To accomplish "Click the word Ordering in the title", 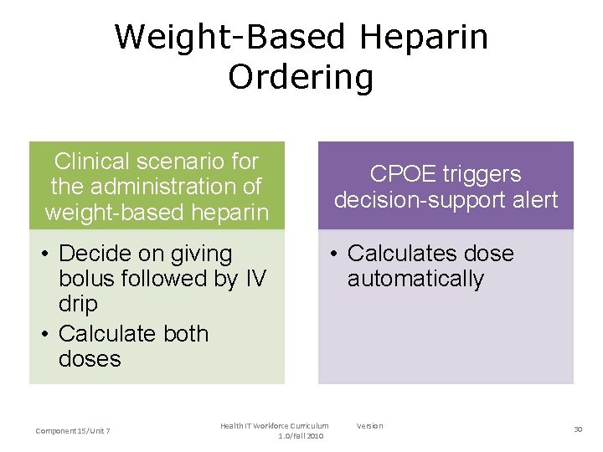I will pos(301,78).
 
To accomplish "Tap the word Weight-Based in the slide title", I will pos(229,38).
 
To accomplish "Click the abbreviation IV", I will pos(254,279).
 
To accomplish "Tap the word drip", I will pos(78,304).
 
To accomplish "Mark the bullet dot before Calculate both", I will pos(45,333).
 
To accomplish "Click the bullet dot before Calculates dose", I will pos(333,254).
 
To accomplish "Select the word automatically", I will pos(415,279).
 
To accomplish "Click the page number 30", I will pos(578,429).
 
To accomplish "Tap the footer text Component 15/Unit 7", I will pos(74,430).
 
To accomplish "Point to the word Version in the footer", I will pos(369,426).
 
